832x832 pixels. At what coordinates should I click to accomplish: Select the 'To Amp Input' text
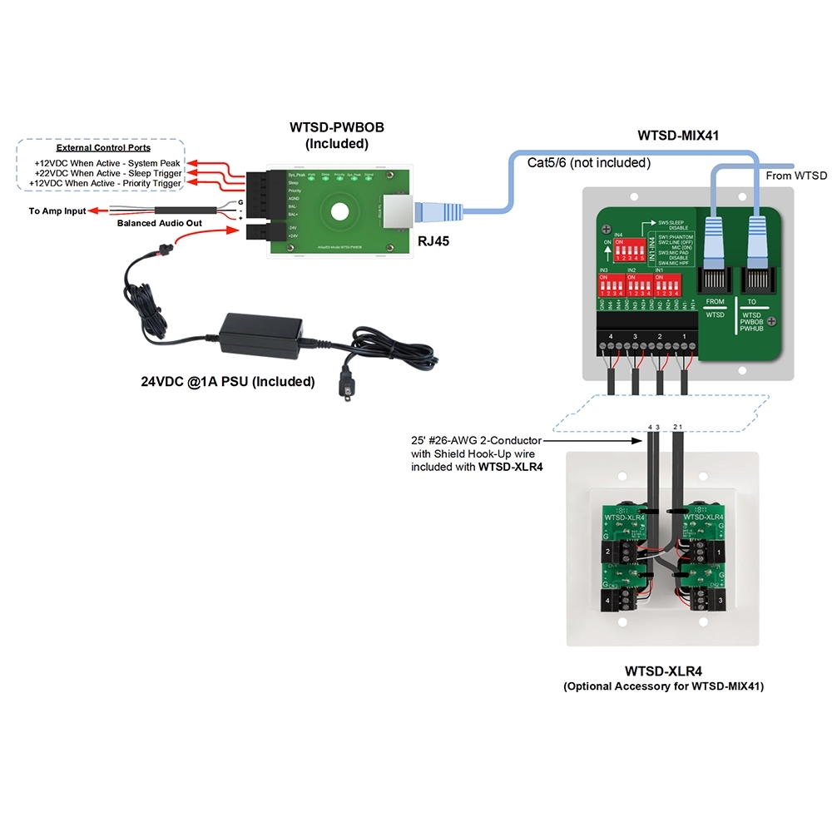pos(57,211)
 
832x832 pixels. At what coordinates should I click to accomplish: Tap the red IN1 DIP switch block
pos(668,286)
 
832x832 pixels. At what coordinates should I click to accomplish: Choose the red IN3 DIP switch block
pos(610,286)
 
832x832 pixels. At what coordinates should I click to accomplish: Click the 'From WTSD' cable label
pos(797,176)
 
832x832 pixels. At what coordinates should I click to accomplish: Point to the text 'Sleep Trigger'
pos(153,172)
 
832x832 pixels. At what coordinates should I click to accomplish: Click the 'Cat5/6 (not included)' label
pos(588,162)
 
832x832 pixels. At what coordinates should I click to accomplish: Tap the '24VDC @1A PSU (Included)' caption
pos(227,383)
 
